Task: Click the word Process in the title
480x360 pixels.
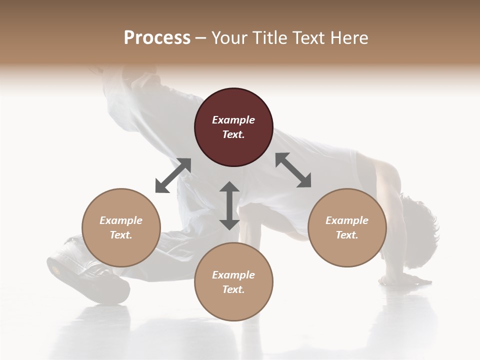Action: click(157, 38)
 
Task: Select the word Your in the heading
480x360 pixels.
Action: click(228, 38)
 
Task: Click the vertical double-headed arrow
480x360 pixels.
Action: click(229, 205)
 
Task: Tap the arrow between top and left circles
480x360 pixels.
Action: click(173, 175)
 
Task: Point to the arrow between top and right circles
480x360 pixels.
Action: click(293, 170)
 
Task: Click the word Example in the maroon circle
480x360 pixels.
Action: click(233, 120)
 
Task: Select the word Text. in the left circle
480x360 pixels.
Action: click(121, 235)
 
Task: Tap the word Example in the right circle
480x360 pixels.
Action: click(347, 220)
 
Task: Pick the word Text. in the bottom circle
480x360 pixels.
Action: click(233, 289)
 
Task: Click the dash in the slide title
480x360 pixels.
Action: click(200, 38)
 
